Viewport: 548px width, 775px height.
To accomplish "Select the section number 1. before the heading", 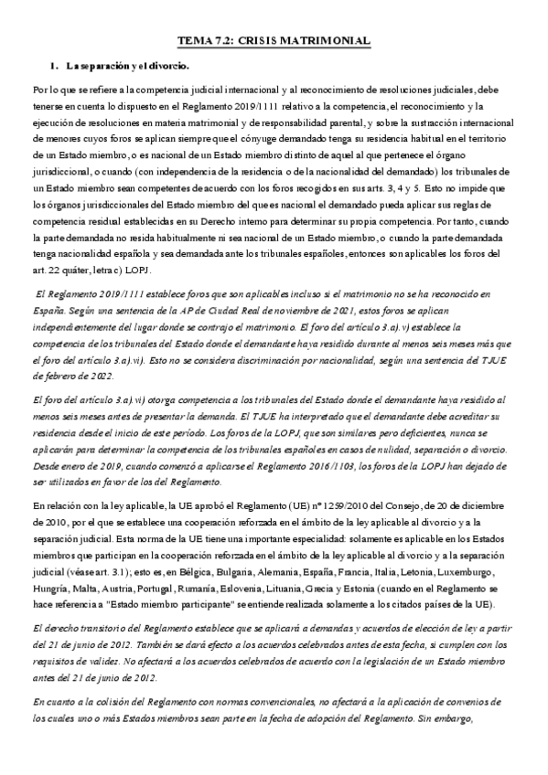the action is (55, 66).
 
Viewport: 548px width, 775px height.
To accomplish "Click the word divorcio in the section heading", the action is (167, 66).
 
